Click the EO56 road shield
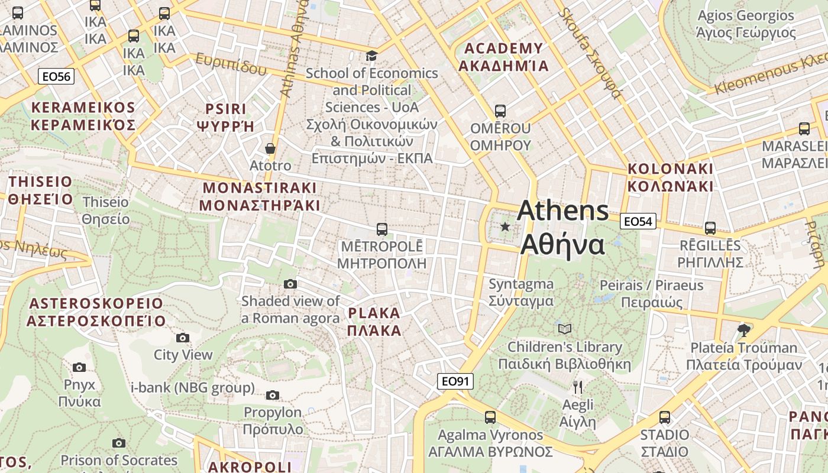[56, 76]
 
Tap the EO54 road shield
[638, 222]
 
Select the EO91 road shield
[455, 381]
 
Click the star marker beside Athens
[505, 226]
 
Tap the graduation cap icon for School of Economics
[371, 56]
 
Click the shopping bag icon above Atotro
[270, 148]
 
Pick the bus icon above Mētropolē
[382, 229]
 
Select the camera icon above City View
[183, 338]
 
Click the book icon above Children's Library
[565, 329]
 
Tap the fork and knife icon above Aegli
[578, 387]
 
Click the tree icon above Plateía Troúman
[744, 330]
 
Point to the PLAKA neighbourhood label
[374, 322]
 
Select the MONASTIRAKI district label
[260, 197]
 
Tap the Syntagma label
[521, 292]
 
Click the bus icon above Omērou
[500, 111]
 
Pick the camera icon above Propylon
[273, 395]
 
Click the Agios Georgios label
[746, 24]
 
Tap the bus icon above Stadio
[665, 417]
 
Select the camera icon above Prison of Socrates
[119, 443]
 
